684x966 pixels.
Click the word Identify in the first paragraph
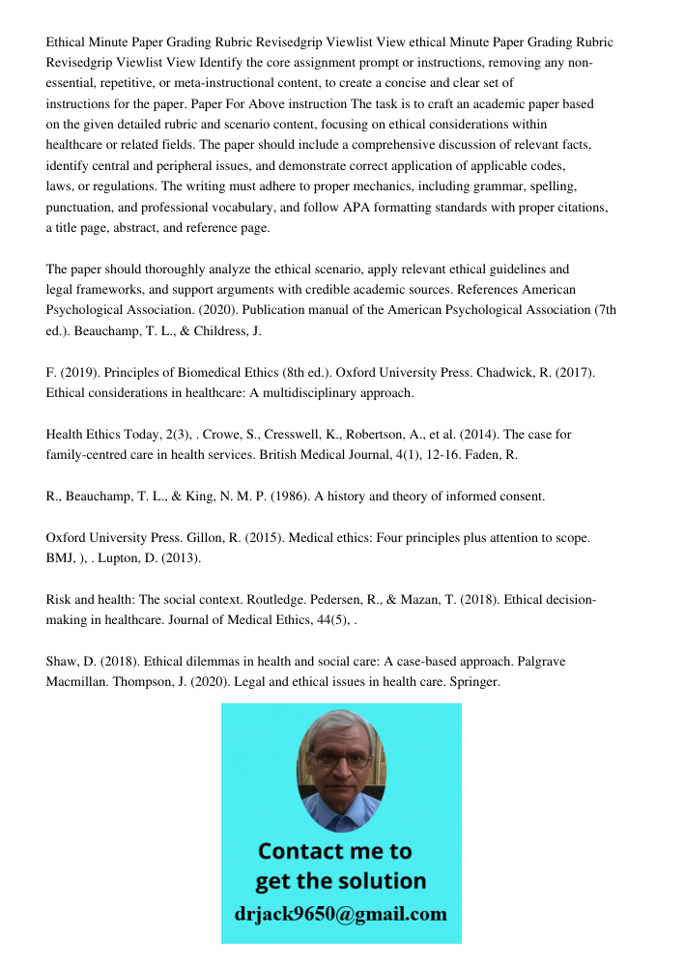pyautogui.click(x=224, y=63)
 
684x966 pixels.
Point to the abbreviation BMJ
pyautogui.click(x=61, y=557)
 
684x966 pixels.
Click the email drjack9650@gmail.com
pyautogui.click(x=341, y=914)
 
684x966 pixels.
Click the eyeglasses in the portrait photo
pyautogui.click(x=341, y=760)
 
